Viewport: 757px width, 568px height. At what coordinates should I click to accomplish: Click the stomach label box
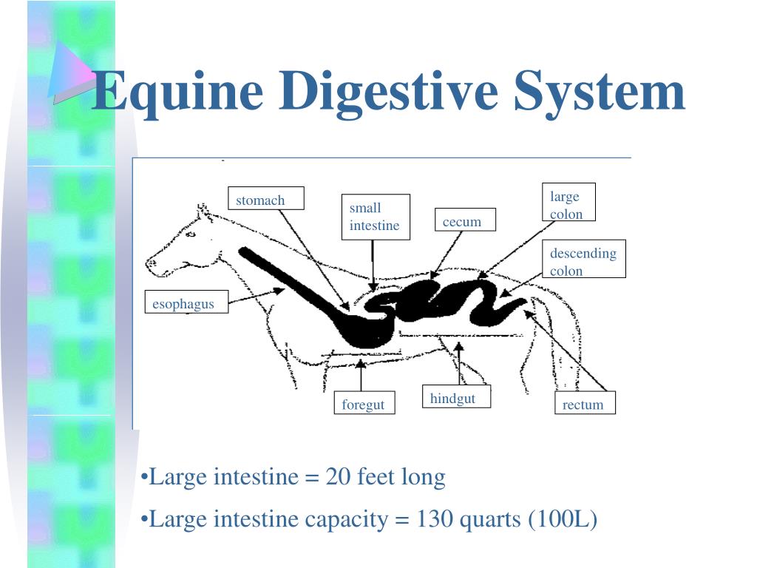[x=265, y=199]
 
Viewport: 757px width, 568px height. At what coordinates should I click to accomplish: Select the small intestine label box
[x=375, y=217]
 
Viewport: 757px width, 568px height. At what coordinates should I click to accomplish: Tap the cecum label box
[x=464, y=220]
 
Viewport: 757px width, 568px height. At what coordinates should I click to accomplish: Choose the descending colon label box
[x=583, y=259]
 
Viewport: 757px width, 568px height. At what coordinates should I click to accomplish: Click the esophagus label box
[x=185, y=302]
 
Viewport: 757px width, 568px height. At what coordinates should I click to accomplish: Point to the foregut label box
[x=363, y=404]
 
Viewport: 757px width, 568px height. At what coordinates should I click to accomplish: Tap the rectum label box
[x=584, y=403]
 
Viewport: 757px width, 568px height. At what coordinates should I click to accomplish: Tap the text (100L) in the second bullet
[x=563, y=520]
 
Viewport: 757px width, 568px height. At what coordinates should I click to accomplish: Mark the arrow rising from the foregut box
[x=361, y=375]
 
